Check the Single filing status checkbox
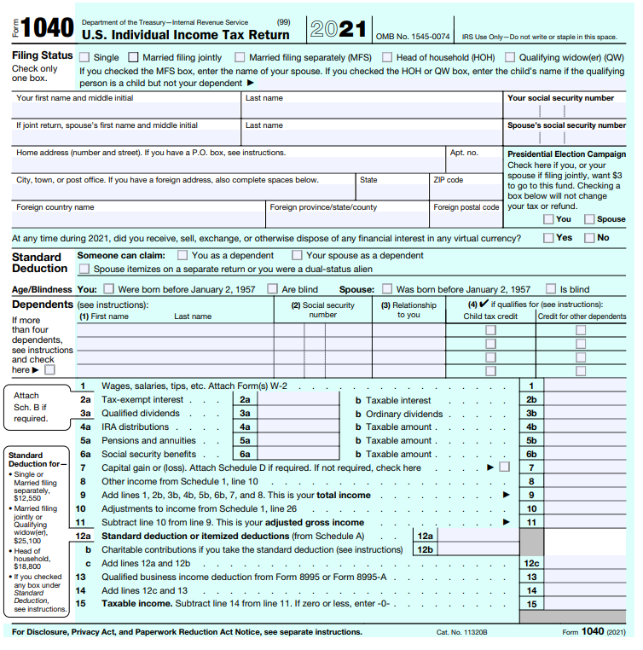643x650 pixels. pos(84,58)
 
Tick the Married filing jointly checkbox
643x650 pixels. pos(133,58)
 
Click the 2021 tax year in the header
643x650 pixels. pos(338,29)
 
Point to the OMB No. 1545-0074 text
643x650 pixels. pos(413,37)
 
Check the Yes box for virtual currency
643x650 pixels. pos(548,238)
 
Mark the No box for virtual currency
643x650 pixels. pos(588,238)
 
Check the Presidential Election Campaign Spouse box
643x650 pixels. pos(588,219)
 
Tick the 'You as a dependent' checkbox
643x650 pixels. pos(182,255)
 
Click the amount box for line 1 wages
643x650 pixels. pos(589,386)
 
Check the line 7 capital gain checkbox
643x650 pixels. pos(505,467)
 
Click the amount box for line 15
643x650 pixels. pos(589,604)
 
